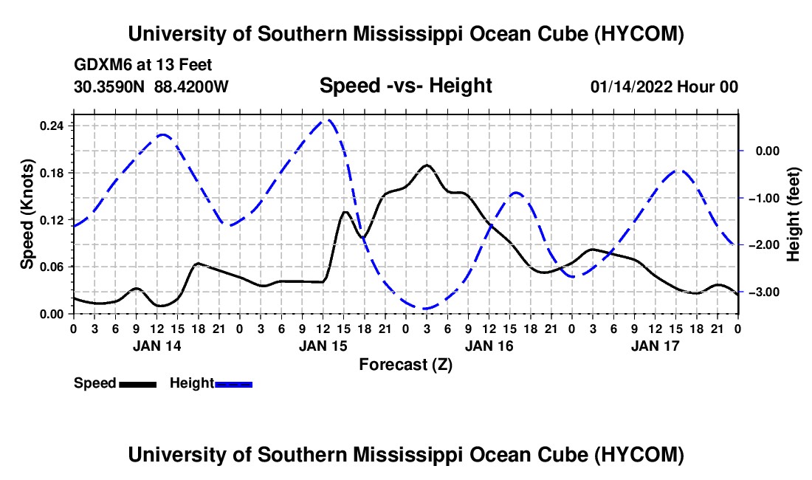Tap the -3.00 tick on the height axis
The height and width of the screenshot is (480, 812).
[764, 292]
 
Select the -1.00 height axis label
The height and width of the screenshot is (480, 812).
[764, 199]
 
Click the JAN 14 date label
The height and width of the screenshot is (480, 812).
[157, 346]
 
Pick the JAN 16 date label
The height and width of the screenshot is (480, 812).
[489, 346]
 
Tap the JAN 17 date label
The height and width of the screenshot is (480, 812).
[655, 346]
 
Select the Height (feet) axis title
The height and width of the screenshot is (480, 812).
[794, 214]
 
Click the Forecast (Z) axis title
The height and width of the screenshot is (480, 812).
[406, 365]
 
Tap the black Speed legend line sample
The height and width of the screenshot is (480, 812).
[138, 385]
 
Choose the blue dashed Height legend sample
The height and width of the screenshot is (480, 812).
[233, 385]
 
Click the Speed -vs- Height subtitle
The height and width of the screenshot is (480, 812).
[406, 86]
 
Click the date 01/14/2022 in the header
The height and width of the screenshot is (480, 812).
[631, 86]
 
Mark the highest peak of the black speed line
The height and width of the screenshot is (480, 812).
[427, 165]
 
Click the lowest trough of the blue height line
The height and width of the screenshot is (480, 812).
[425, 309]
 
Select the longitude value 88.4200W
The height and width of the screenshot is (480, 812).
[191, 86]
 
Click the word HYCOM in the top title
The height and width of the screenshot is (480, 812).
[639, 34]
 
